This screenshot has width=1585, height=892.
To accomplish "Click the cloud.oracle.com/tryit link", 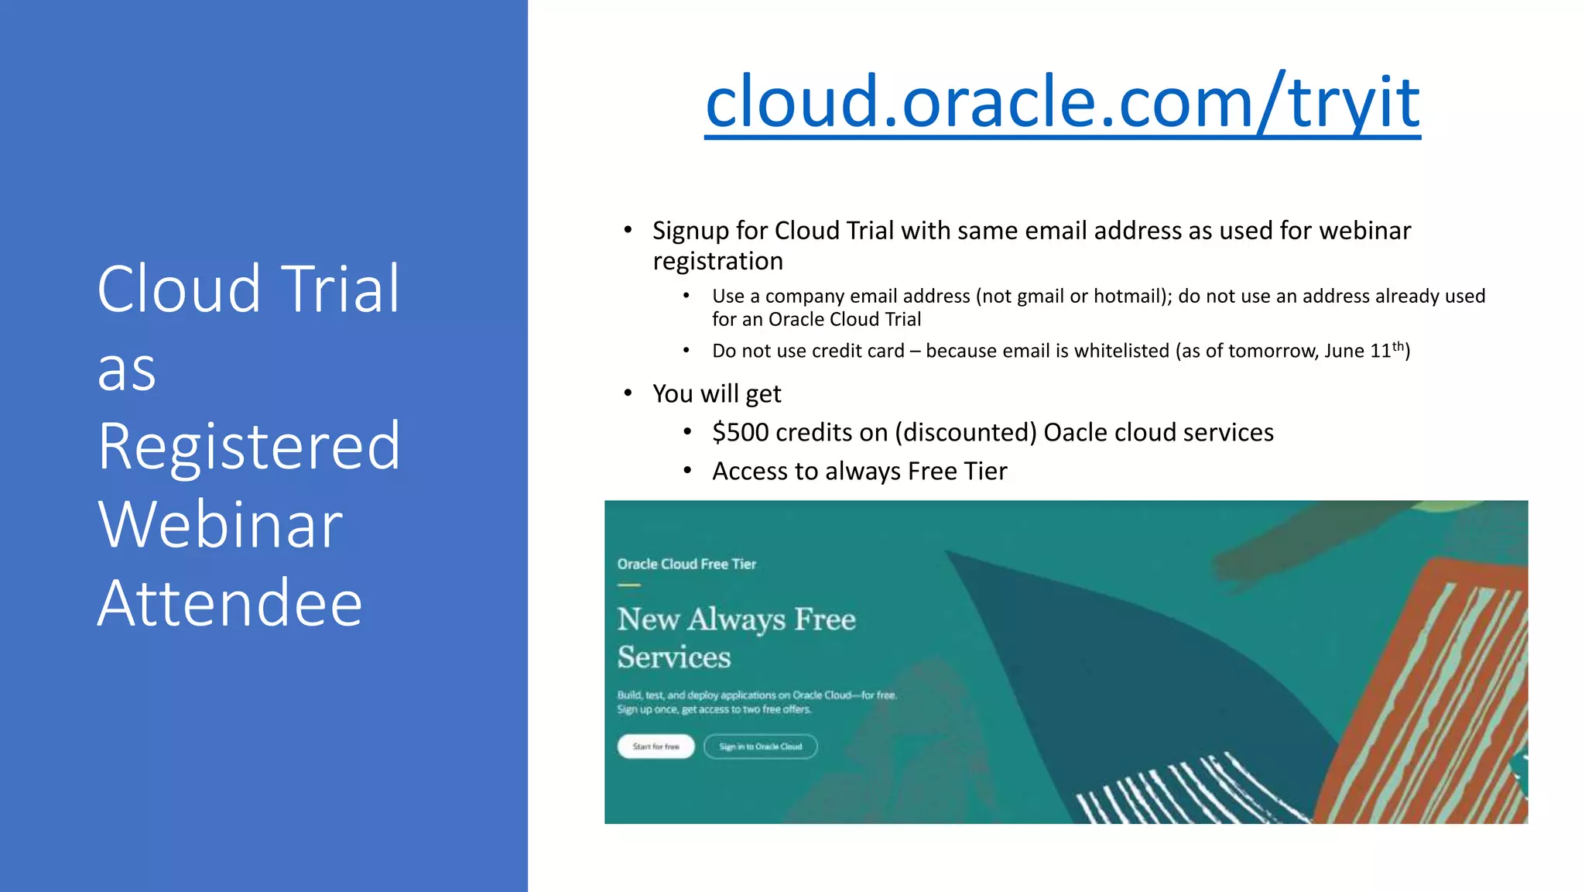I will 1062,102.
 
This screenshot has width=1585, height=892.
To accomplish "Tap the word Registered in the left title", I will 249,447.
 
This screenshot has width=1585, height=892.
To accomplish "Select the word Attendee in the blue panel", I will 230,604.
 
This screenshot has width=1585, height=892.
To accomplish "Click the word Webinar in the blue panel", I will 221,526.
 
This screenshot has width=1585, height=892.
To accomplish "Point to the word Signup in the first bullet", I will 690,231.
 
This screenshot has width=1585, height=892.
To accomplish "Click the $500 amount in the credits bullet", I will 741,432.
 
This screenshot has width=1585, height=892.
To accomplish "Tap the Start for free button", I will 656,746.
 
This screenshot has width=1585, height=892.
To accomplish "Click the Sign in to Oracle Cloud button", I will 760,746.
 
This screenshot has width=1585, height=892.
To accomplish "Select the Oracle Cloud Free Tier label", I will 686,564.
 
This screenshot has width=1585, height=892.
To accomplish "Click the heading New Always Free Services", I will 735,637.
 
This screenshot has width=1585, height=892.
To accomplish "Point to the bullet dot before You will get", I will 628,393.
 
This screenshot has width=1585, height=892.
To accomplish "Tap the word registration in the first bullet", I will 717,262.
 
